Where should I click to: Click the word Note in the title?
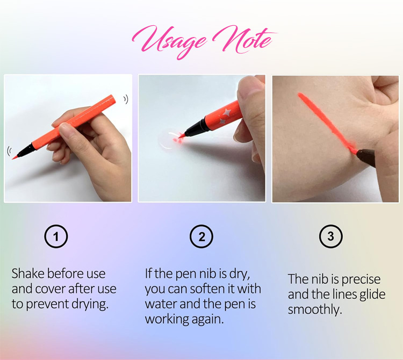click(x=244, y=39)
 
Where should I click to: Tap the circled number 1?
click(x=56, y=236)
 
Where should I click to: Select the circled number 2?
click(x=201, y=236)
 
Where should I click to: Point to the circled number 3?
click(x=331, y=236)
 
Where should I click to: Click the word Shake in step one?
click(x=28, y=273)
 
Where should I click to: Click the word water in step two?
click(x=161, y=304)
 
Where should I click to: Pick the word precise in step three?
click(x=361, y=279)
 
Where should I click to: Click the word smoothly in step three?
click(x=315, y=310)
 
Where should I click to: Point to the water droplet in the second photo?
click(x=170, y=139)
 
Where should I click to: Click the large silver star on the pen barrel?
click(x=227, y=112)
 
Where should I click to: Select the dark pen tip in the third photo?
click(x=365, y=157)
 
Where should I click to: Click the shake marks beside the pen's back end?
click(x=126, y=99)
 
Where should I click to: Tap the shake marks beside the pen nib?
click(x=9, y=150)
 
